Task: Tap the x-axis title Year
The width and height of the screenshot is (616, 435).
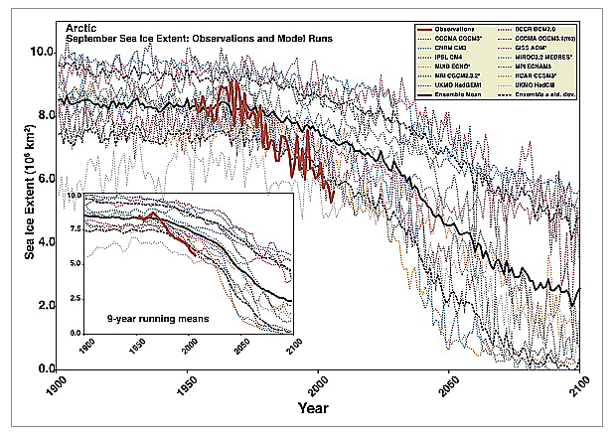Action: click(320, 407)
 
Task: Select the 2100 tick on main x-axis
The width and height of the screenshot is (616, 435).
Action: click(578, 384)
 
